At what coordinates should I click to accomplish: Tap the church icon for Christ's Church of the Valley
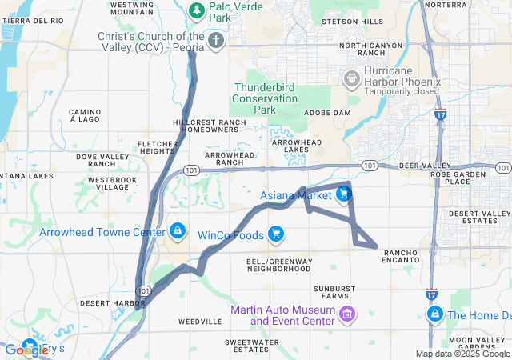coord(215,40)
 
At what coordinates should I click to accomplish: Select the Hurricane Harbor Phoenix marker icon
coord(350,79)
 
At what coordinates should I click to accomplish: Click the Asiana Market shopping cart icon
coord(343,193)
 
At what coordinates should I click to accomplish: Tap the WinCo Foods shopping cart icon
coord(275,234)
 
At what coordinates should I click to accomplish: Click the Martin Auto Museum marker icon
coord(347,313)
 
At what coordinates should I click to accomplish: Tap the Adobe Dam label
coord(328,114)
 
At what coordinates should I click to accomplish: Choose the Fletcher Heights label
coord(157,147)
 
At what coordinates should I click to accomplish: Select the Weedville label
coord(199,321)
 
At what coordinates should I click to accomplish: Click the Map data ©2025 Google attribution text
coord(462,354)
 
